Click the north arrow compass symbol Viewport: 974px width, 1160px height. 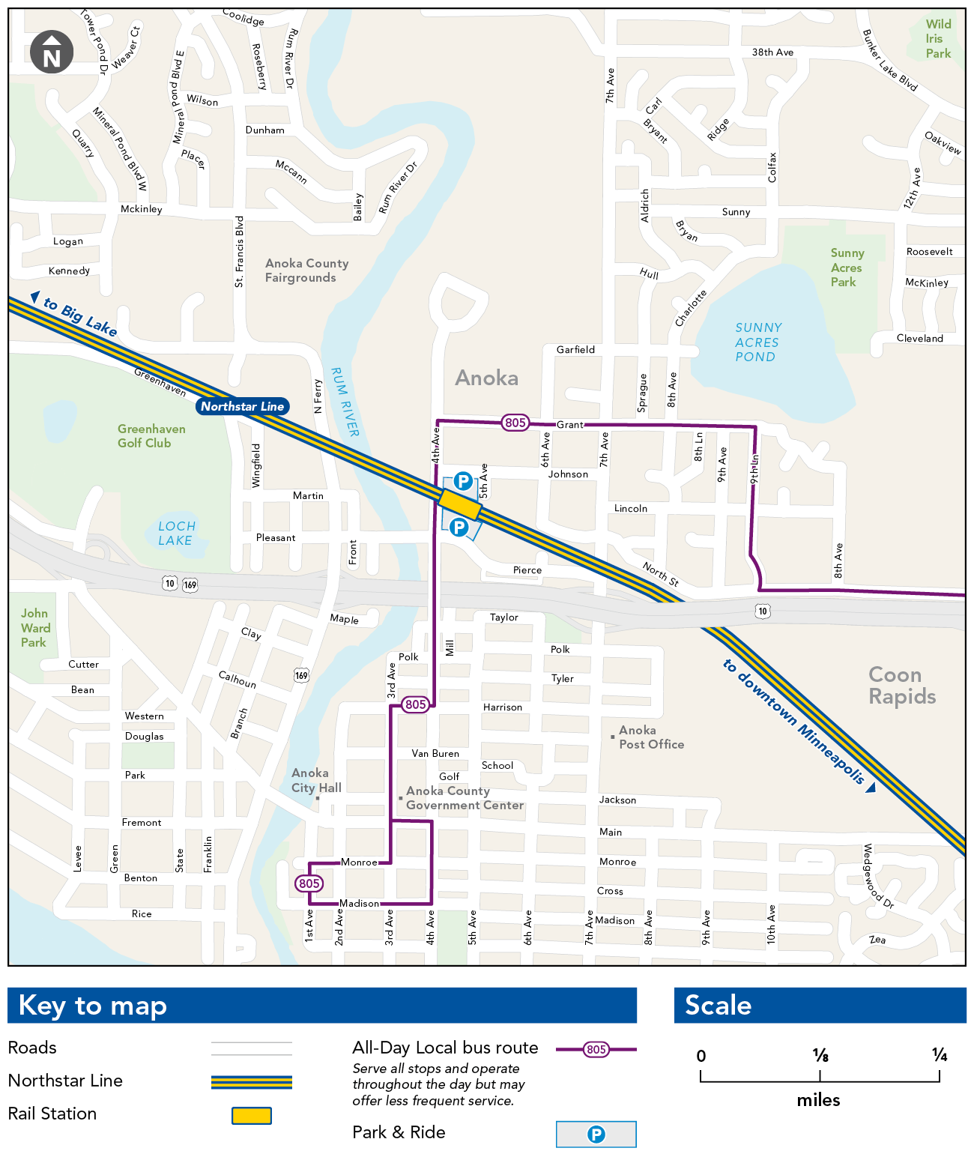[52, 52]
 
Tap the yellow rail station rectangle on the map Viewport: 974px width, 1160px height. [459, 504]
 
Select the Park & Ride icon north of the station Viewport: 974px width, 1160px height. [463, 481]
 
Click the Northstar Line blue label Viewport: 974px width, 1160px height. [242, 406]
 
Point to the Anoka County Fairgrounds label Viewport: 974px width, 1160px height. [306, 271]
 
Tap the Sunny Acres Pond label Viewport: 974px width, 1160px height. [757, 342]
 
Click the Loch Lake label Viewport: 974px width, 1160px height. [176, 534]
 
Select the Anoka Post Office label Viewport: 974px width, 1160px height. [650, 737]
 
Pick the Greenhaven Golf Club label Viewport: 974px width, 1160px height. [151, 436]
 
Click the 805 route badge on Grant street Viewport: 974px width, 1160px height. [515, 423]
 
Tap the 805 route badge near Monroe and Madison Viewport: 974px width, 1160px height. [309, 883]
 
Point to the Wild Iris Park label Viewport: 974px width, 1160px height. [937, 39]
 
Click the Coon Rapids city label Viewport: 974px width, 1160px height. [901, 686]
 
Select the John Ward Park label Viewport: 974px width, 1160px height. [35, 628]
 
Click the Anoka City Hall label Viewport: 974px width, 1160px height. [315, 780]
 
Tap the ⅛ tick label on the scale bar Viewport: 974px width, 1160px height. [820, 1056]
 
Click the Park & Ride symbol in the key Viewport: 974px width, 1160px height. [596, 1135]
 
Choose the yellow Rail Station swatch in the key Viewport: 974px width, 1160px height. [252, 1116]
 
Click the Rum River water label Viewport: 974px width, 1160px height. [345, 402]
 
